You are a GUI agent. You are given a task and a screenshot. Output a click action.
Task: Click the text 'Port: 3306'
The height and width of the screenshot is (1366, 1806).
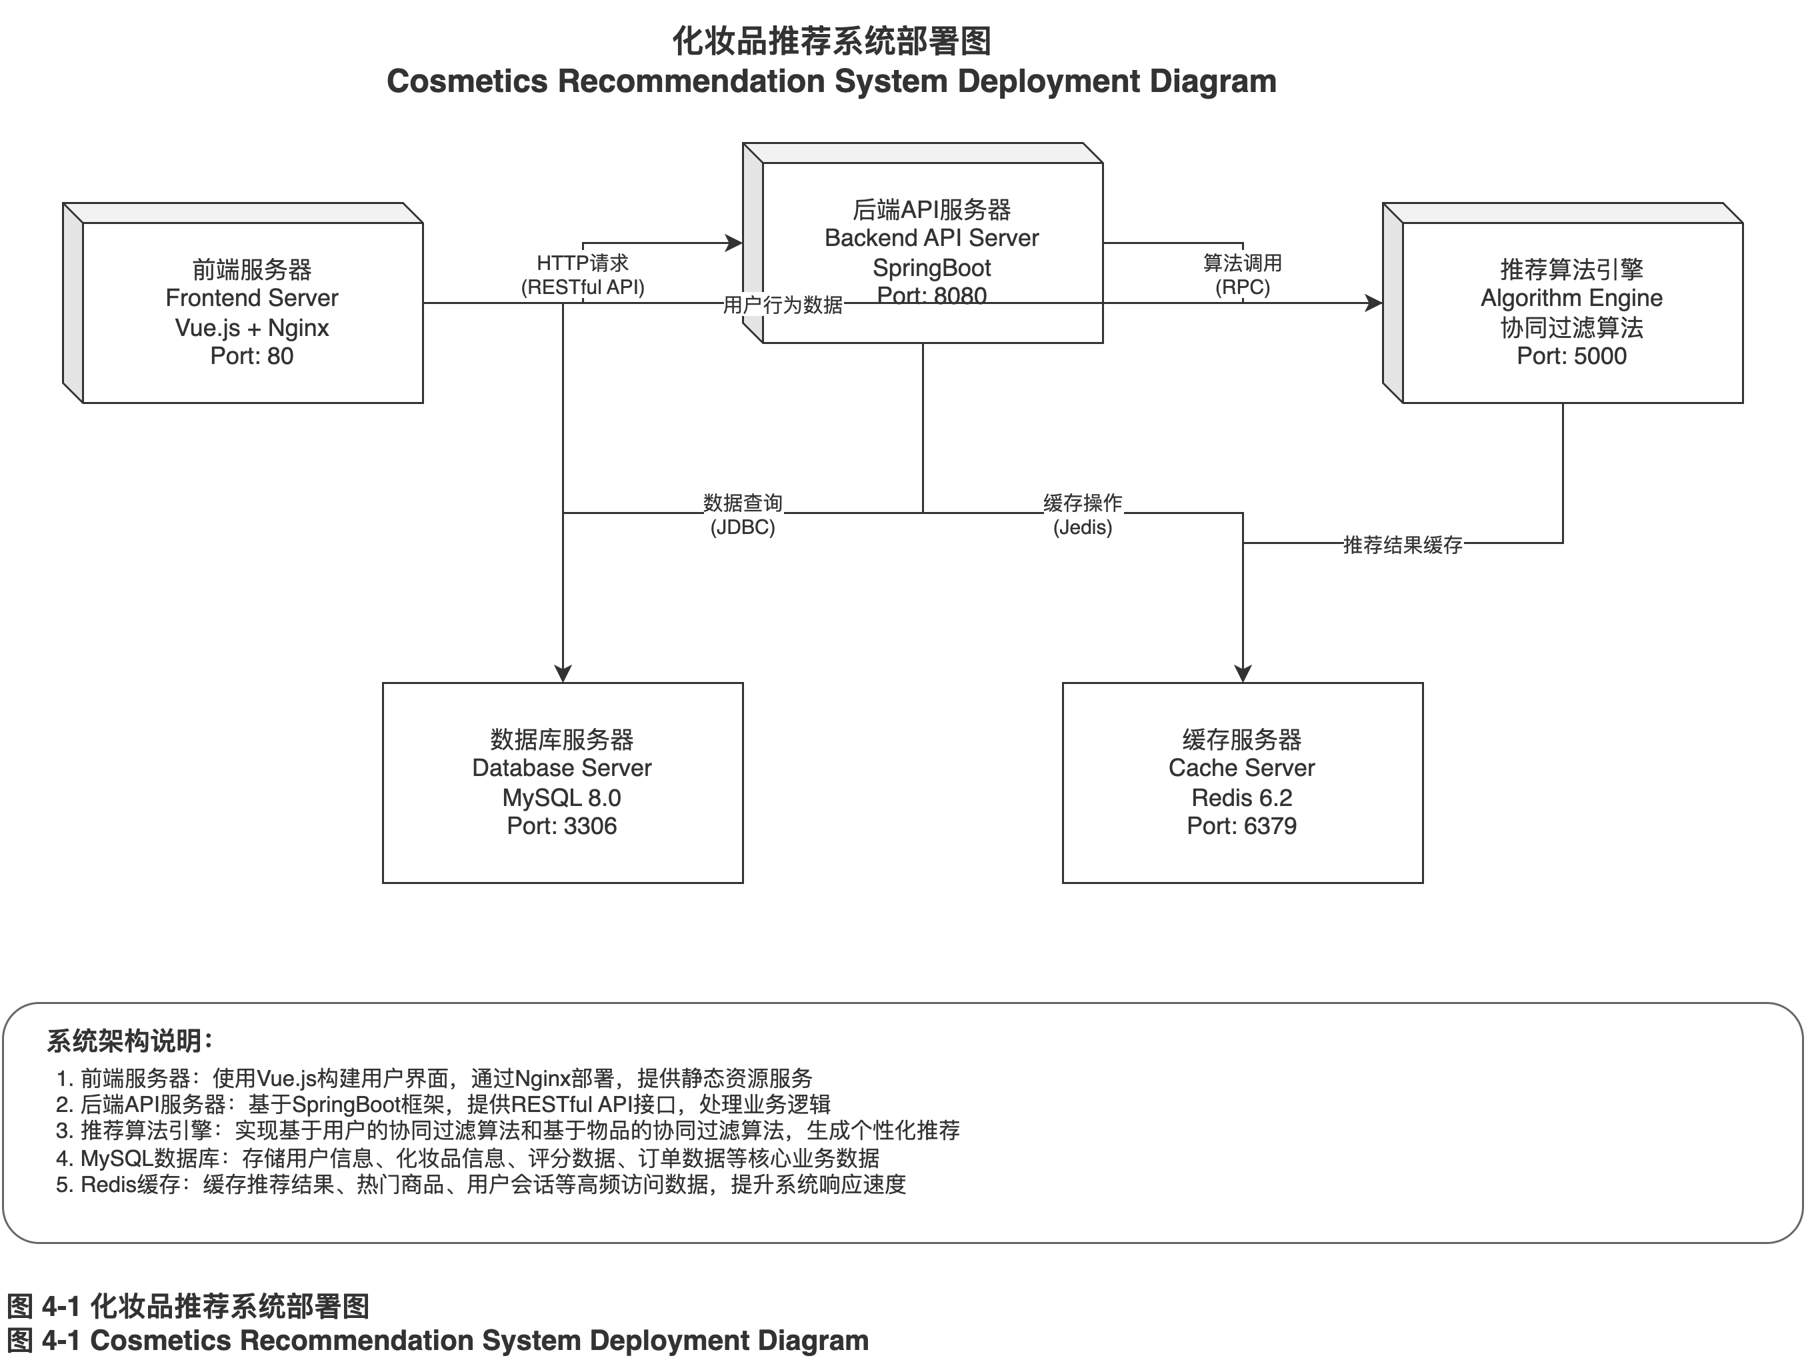coord(562,826)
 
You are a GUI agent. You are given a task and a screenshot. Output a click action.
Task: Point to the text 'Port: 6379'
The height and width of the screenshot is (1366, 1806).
coord(1241,826)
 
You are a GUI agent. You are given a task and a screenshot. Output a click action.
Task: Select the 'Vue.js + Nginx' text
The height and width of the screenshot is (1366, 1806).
coord(251,328)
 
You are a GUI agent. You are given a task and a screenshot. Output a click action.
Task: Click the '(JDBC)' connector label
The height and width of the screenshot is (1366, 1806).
coord(742,527)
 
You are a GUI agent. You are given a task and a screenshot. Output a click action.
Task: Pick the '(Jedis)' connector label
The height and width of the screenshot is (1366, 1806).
coord(1082,527)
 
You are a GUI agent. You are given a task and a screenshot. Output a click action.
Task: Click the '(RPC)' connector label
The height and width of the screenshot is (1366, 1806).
coord(1242,287)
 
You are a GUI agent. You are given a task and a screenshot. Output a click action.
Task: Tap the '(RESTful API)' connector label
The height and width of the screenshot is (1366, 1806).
coord(582,287)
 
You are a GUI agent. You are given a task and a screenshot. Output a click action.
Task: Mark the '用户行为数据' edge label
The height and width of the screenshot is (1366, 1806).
coord(782,305)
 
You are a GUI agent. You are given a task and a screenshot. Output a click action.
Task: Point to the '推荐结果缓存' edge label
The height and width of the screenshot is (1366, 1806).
coord(1402,545)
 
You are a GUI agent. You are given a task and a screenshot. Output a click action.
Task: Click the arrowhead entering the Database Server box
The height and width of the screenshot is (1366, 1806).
coord(563,673)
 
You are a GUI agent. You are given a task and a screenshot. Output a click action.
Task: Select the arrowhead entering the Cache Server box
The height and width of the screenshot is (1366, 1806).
coord(1243,673)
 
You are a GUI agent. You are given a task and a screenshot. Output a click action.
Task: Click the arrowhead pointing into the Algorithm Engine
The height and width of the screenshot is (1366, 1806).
coord(1374,303)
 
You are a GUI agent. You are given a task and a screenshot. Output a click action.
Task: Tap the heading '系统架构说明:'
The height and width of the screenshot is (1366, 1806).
coord(130,1041)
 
